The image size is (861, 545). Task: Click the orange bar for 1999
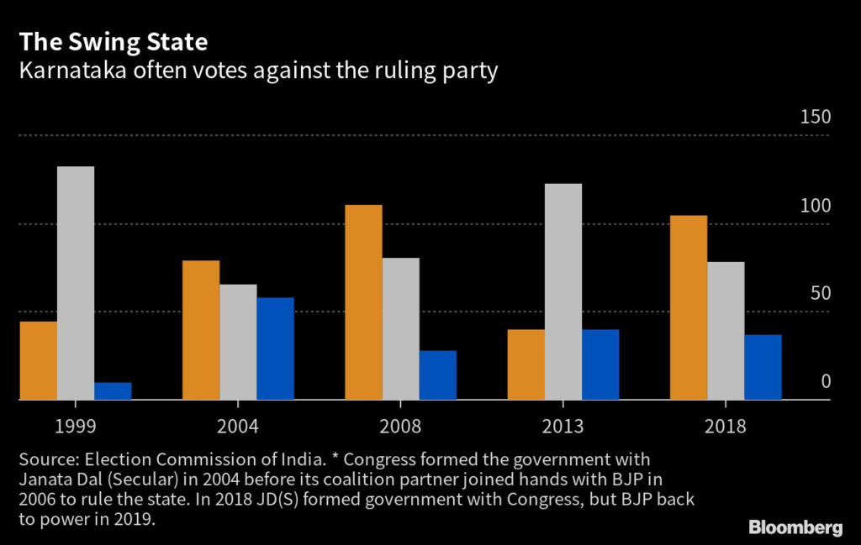39,361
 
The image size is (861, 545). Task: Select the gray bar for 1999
76,283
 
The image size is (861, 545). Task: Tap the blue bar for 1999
113,391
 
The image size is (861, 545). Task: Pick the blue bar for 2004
275,348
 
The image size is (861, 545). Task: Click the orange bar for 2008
364,302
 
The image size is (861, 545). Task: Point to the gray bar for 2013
563,291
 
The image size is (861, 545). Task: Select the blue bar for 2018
763,367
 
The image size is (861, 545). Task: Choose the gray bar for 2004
238,342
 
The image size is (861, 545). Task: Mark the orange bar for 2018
689,307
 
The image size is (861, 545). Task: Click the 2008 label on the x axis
400,427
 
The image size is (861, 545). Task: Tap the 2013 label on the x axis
563,427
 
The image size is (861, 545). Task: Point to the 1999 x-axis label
75,427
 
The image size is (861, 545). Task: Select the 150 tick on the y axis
814,118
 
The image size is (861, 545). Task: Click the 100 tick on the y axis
814,207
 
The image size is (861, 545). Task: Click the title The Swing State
114,41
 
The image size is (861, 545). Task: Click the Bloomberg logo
795,527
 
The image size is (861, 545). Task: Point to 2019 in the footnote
134,520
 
